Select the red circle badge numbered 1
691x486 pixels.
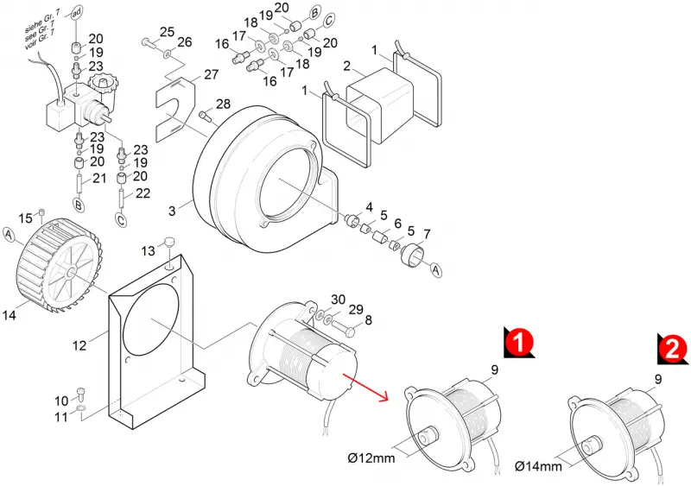[519, 342]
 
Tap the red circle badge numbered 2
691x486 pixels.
[673, 349]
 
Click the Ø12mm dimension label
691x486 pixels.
[371, 458]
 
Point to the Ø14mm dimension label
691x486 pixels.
[538, 466]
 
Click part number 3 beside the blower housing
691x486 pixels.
[172, 211]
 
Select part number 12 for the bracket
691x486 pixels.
[79, 345]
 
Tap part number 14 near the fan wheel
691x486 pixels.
[10, 315]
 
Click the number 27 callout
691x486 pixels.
[211, 74]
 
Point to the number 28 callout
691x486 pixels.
[223, 104]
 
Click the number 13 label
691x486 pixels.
[148, 250]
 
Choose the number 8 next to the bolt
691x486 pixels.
[368, 320]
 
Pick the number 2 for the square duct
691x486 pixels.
[347, 66]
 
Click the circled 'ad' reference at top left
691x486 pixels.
[76, 14]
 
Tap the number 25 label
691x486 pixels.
[167, 32]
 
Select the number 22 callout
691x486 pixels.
[143, 193]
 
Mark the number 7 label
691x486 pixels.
[427, 235]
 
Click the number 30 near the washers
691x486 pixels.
[338, 300]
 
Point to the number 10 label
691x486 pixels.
[61, 401]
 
